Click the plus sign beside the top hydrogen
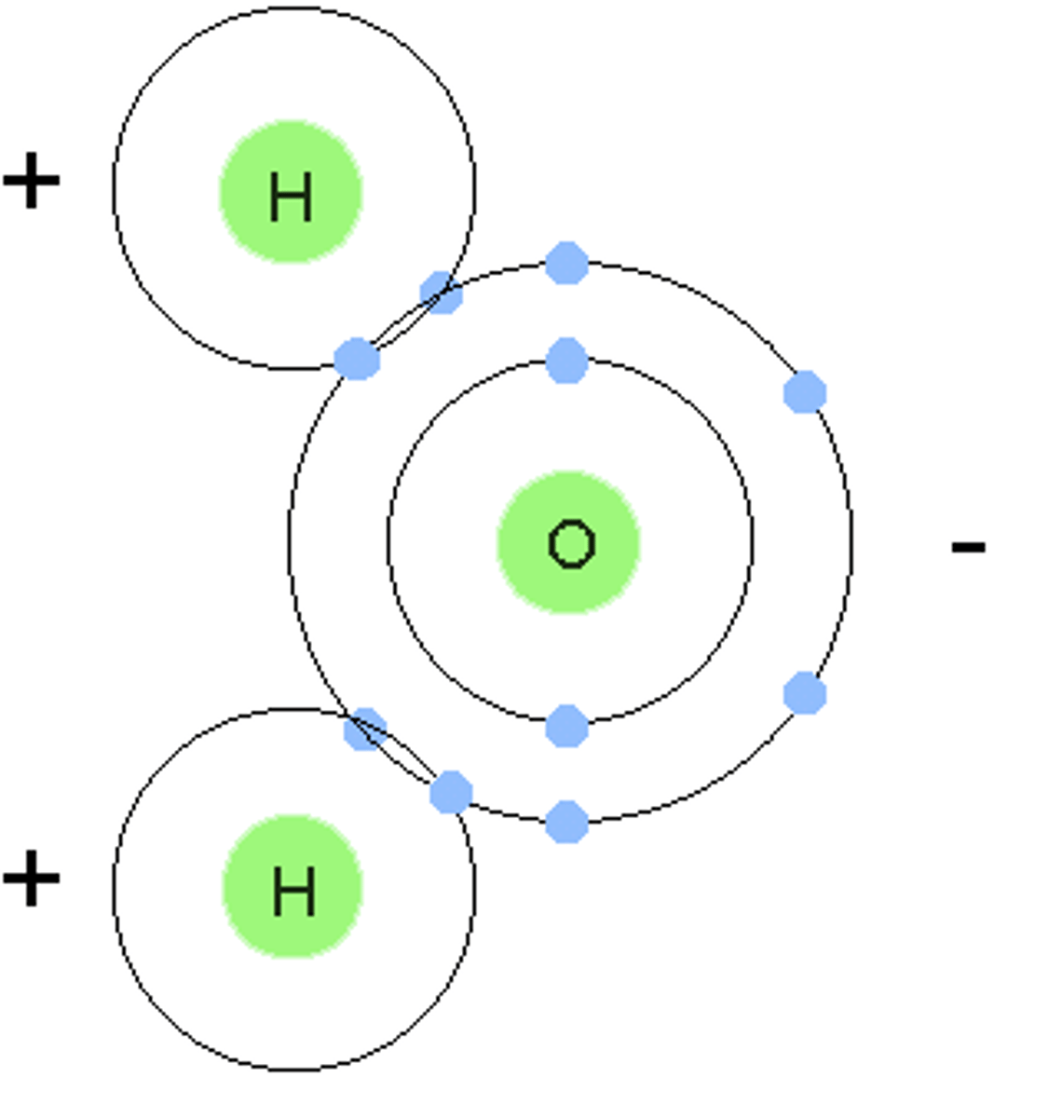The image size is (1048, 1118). pyautogui.click(x=32, y=181)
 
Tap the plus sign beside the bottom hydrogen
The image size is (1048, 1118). pyautogui.click(x=32, y=878)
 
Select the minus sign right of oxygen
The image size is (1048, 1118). pyautogui.click(x=968, y=547)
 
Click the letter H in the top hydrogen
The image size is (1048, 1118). pyautogui.click(x=290, y=198)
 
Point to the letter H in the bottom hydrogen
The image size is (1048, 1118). pyautogui.click(x=293, y=891)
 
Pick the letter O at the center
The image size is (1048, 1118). pyautogui.click(x=571, y=544)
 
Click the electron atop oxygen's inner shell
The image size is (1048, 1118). pyautogui.click(x=566, y=361)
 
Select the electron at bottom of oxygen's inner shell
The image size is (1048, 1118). pyautogui.click(x=566, y=726)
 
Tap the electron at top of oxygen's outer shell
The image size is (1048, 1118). pyautogui.click(x=566, y=263)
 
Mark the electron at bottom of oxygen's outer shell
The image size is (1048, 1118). pyautogui.click(x=566, y=823)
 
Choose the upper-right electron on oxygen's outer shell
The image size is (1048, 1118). pyautogui.click(x=805, y=392)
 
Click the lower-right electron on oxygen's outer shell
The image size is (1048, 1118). pyautogui.click(x=805, y=694)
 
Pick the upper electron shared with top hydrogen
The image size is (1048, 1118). pyautogui.click(x=442, y=293)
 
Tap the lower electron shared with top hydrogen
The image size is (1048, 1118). pyautogui.click(x=357, y=359)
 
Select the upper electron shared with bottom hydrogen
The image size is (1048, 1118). pyautogui.click(x=364, y=729)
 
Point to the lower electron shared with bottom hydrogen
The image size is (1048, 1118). pyautogui.click(x=451, y=793)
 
